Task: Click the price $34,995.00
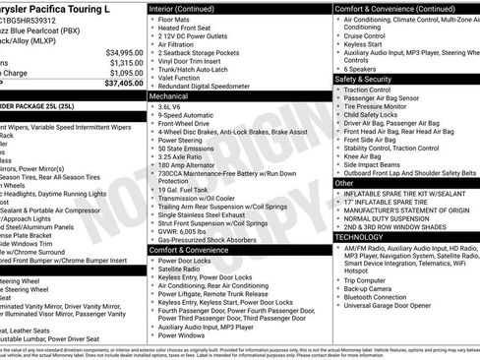117,51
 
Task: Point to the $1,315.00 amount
120,62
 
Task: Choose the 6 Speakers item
363,68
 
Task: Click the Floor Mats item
177,18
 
